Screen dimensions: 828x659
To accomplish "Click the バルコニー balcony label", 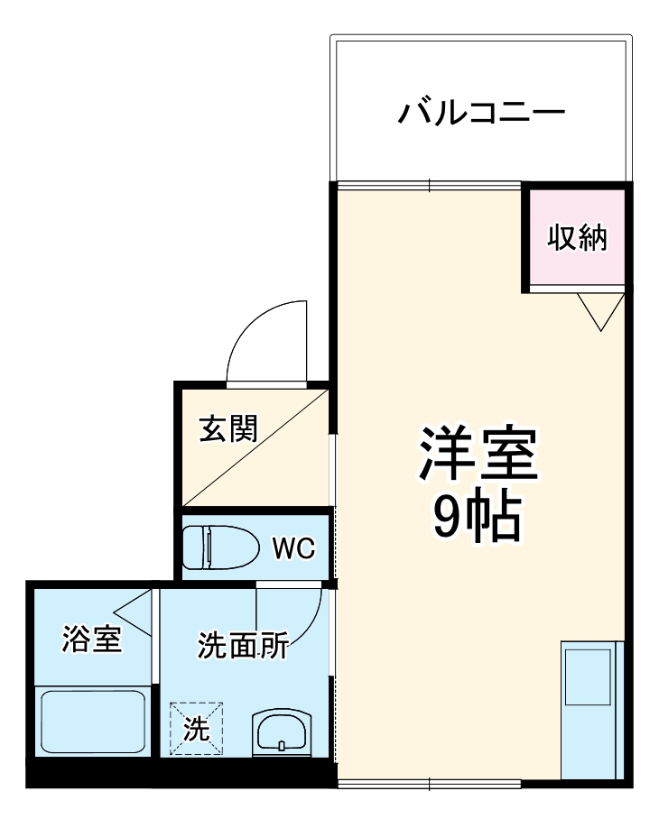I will click(482, 115).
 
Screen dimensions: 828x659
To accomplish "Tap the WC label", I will click(293, 548).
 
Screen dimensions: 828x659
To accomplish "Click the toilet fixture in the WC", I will click(213, 546).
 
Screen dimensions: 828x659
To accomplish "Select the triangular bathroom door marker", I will click(135, 612).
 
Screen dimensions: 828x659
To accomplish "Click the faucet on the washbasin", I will click(283, 745).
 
